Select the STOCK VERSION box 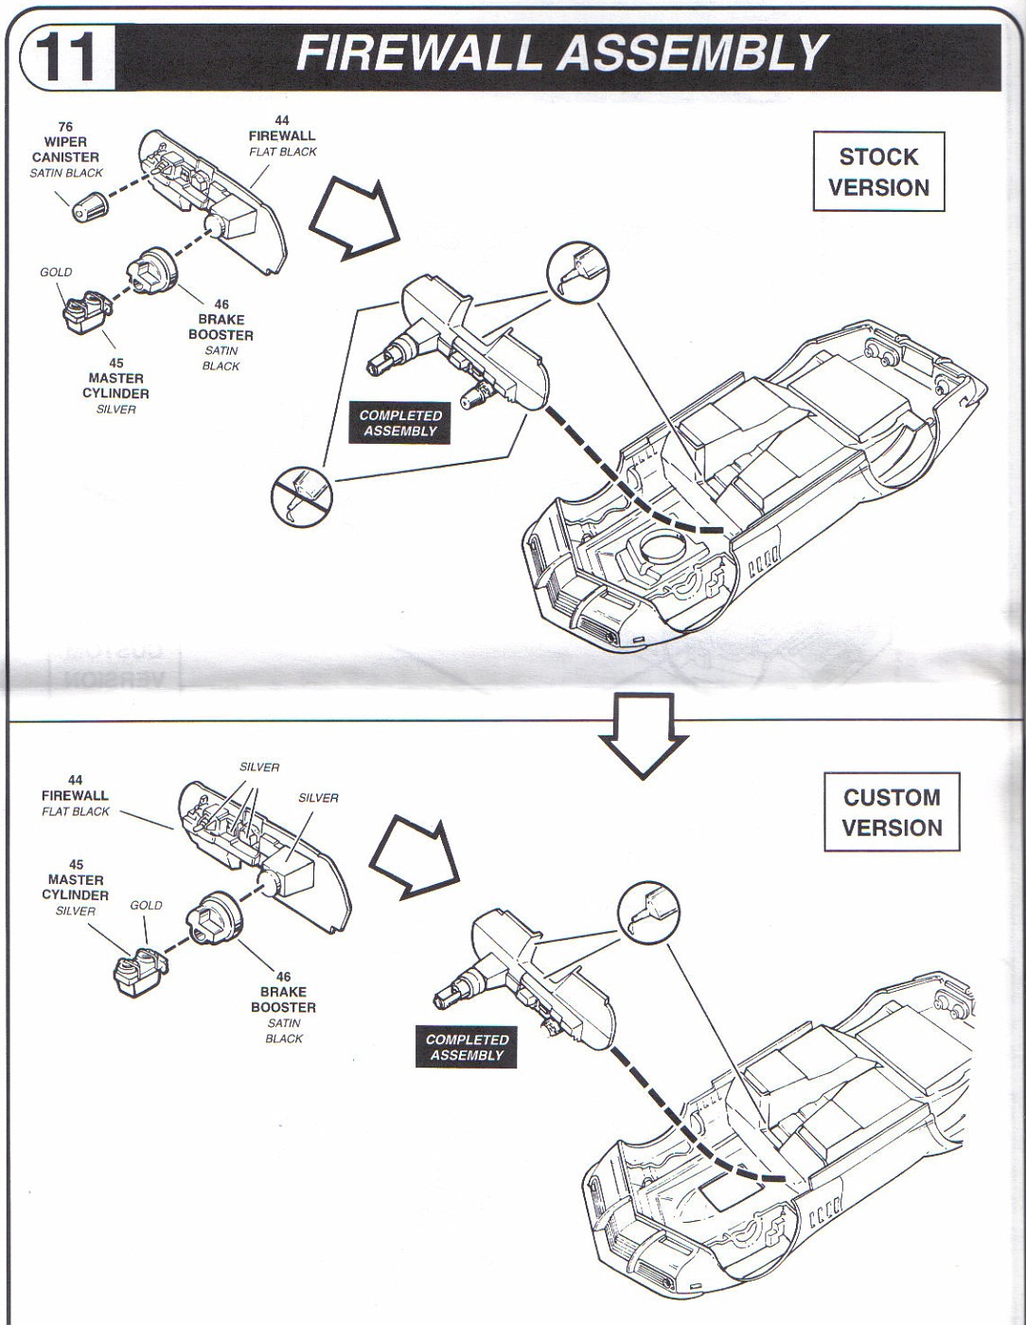[878, 172]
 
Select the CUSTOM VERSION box [892, 812]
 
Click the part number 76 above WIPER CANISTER [65, 127]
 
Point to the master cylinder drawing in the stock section [85, 312]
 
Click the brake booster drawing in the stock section [151, 270]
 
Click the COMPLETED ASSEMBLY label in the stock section [400, 423]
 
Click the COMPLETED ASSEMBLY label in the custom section [467, 1047]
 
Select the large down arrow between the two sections [644, 734]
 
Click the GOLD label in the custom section [147, 905]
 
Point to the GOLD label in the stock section [56, 272]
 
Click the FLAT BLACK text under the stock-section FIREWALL [283, 151]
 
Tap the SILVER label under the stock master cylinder [115, 409]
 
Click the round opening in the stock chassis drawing [661, 546]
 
